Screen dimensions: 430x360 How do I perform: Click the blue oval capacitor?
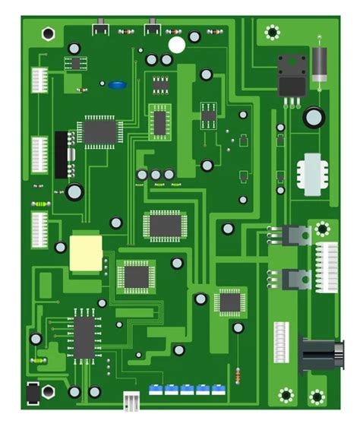[116, 85]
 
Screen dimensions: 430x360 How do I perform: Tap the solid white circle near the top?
[176, 45]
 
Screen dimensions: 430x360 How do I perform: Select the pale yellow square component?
[86, 253]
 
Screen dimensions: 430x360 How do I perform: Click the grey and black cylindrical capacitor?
[319, 64]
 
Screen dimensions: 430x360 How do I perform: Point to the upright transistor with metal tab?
[292, 75]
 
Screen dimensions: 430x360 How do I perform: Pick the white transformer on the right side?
[313, 174]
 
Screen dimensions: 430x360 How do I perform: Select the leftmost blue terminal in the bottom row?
[156, 389]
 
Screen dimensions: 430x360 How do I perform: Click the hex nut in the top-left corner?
[49, 33]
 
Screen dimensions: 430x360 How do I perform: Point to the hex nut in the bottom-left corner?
[47, 392]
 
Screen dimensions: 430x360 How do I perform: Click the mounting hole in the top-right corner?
[272, 32]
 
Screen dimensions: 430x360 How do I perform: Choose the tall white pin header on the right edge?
[327, 267]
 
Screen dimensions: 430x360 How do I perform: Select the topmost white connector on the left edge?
[39, 80]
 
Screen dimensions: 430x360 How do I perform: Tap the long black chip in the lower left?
[84, 336]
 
